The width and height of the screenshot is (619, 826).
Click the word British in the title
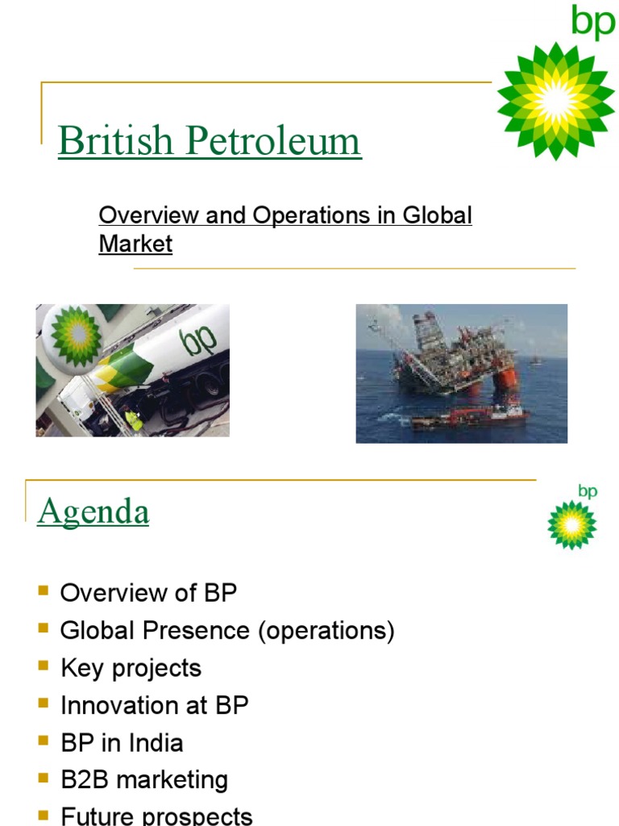pyautogui.click(x=115, y=142)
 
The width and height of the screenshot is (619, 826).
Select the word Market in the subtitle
pyautogui.click(x=135, y=244)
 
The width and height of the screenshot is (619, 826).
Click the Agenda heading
pyautogui.click(x=93, y=511)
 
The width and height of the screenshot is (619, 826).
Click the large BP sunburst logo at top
pyautogui.click(x=555, y=101)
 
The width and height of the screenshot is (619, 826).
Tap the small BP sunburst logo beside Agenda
pyautogui.click(x=571, y=524)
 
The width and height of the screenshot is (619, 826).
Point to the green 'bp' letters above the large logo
pyautogui.click(x=592, y=22)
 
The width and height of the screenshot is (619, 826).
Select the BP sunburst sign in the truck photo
pyautogui.click(x=76, y=335)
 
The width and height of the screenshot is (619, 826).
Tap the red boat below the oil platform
pyautogui.click(x=472, y=415)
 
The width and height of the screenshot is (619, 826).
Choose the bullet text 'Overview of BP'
pyautogui.click(x=148, y=594)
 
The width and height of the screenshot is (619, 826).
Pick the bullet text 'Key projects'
pyautogui.click(x=131, y=668)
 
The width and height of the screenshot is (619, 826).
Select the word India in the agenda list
pyautogui.click(x=155, y=742)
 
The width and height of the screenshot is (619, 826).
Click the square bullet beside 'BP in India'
pyautogui.click(x=44, y=741)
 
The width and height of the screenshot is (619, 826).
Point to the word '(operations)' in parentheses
pyautogui.click(x=326, y=631)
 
